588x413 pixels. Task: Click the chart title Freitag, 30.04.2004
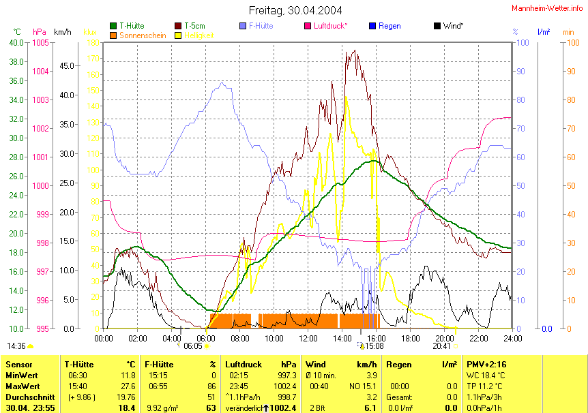coord(295,10)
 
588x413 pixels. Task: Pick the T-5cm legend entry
coord(196,26)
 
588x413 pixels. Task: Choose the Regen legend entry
coord(389,26)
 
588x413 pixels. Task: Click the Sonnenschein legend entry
coord(143,35)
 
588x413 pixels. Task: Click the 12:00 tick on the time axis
coord(308,338)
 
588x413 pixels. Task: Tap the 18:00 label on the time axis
coord(411,338)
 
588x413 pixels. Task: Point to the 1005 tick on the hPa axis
coord(40,42)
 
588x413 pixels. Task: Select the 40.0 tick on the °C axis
coord(16,42)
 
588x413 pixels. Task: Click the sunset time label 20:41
coord(441,346)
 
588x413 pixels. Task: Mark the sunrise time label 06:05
coord(193,346)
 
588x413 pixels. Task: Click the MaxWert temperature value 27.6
coord(128,386)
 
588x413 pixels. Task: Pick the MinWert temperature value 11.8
coord(128,376)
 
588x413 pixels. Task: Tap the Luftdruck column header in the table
coord(244,365)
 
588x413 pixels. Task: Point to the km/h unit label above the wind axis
coord(63,32)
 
